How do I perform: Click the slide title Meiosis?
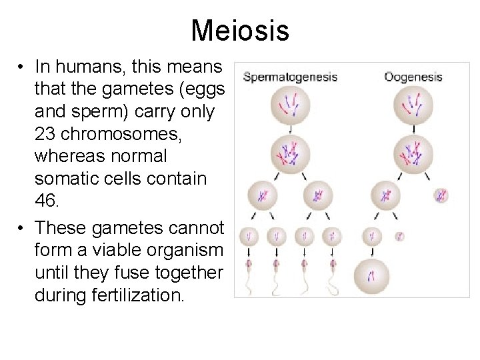(x=240, y=30)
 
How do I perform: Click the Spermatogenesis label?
(x=290, y=77)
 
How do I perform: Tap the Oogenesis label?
(x=413, y=77)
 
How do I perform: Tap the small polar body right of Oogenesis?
(x=441, y=195)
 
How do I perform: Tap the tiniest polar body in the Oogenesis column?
(x=399, y=235)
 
